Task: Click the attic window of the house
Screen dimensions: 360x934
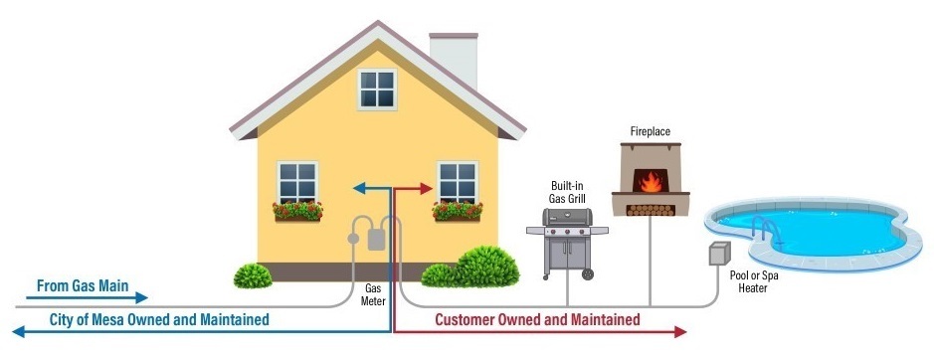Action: tap(377, 90)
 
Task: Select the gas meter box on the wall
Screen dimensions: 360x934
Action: tap(376, 238)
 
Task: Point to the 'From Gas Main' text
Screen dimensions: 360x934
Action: tap(83, 285)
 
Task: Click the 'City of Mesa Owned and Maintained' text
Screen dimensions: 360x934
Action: tap(159, 319)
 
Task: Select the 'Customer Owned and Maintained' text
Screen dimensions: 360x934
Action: tap(537, 319)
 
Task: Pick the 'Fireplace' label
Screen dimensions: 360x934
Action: tap(649, 130)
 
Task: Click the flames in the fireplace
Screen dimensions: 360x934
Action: tap(650, 182)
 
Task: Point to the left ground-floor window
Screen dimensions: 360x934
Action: tap(297, 182)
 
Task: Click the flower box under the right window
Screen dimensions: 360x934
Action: tap(458, 211)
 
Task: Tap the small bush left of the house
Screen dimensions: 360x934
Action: tap(252, 274)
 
